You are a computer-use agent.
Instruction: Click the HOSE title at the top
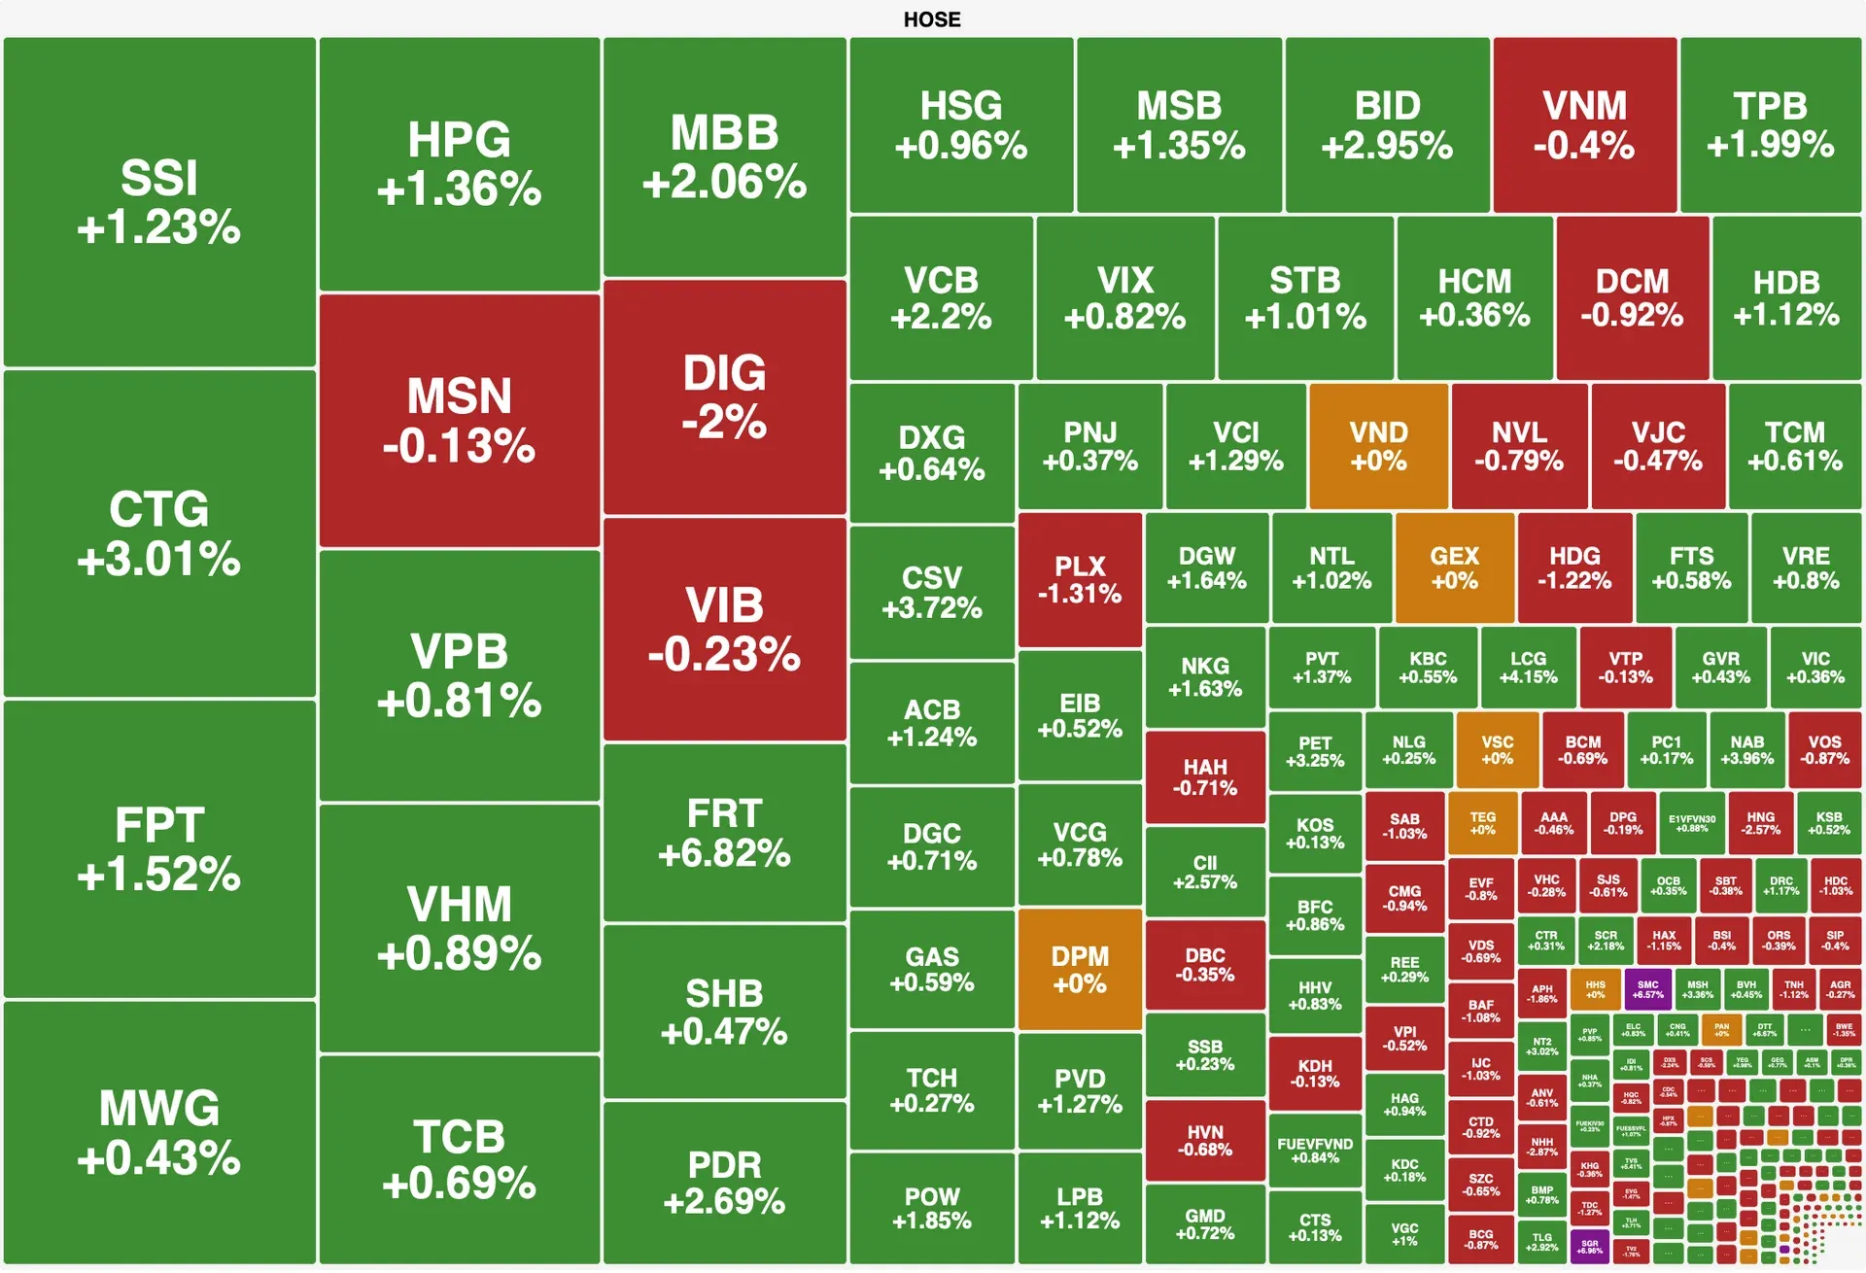(931, 19)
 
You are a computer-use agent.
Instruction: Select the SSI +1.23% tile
(159, 202)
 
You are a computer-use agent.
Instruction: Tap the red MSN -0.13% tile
(459, 420)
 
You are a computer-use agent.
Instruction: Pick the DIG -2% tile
(724, 396)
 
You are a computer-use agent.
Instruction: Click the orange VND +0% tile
(1378, 446)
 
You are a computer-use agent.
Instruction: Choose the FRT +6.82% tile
(724, 832)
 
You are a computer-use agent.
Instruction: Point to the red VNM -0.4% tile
(1584, 124)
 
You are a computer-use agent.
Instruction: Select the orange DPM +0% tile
(1080, 969)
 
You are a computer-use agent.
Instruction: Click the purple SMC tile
(1647, 989)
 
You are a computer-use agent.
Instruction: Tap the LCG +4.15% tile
(1528, 668)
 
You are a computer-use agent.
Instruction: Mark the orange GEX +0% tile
(1454, 568)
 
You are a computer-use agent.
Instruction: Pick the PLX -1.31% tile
(1080, 579)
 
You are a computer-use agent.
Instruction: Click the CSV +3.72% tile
(931, 592)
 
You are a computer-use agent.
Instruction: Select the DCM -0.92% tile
(1632, 297)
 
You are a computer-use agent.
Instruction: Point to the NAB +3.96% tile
(1746, 749)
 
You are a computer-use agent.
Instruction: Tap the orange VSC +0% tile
(1497, 749)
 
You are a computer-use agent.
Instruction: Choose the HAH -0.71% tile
(1205, 777)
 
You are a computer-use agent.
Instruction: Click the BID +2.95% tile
(1387, 124)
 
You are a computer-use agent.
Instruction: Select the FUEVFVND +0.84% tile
(1315, 1151)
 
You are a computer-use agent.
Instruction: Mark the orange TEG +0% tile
(1482, 824)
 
